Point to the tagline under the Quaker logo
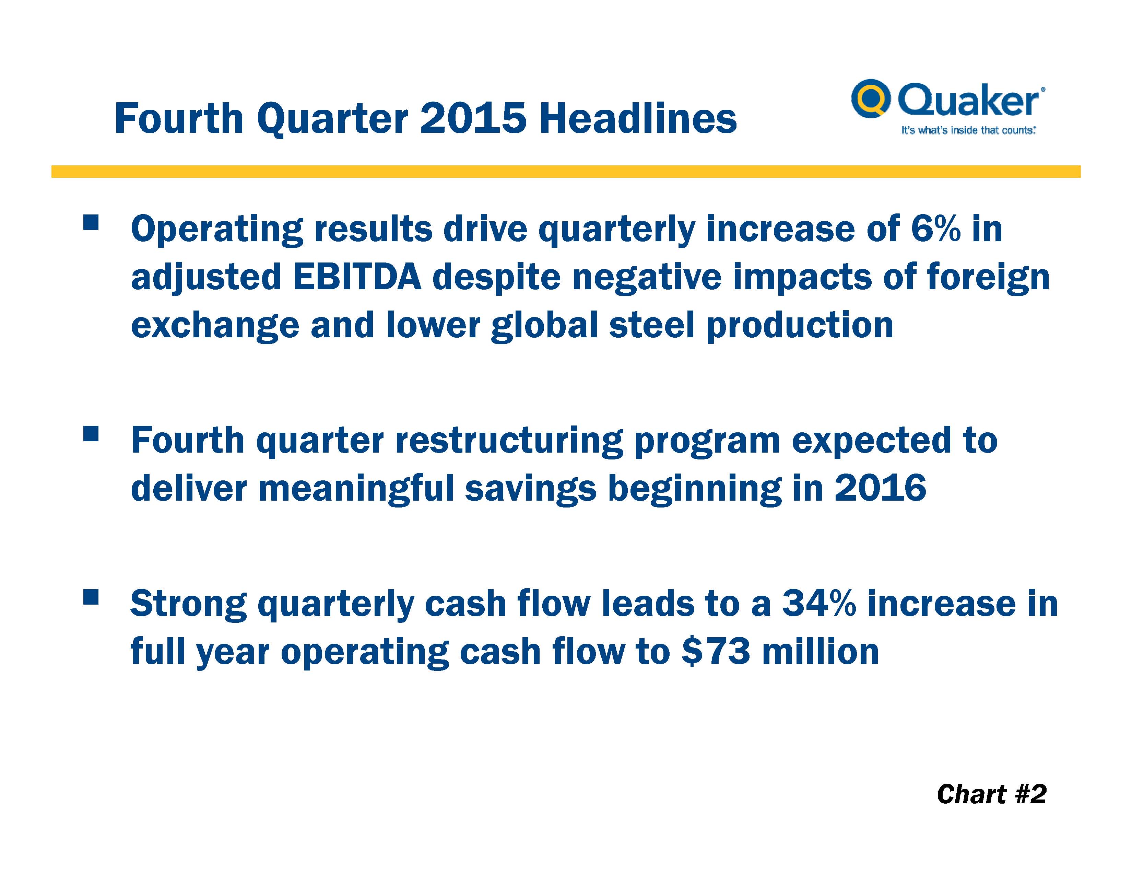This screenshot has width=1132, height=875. pyautogui.click(x=968, y=130)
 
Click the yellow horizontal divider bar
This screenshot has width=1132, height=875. pyautogui.click(x=566, y=172)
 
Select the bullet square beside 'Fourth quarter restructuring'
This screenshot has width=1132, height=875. pyautogui.click(x=90, y=434)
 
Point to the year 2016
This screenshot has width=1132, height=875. pyautogui.click(x=880, y=488)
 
